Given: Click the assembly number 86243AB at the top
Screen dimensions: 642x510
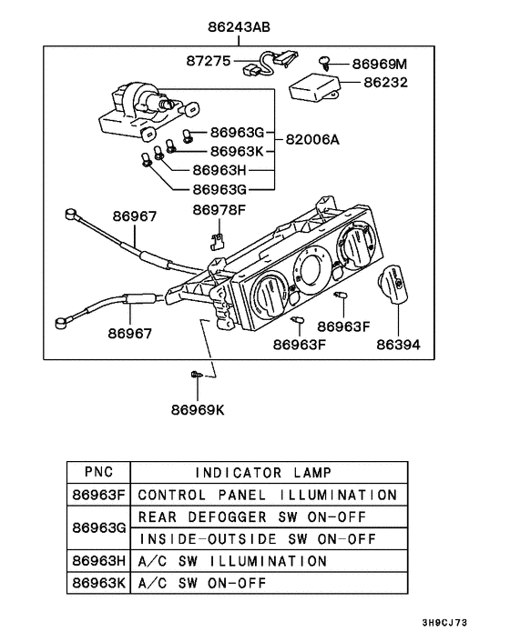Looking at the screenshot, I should click(x=239, y=28).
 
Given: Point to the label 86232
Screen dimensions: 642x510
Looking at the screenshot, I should click(x=386, y=83).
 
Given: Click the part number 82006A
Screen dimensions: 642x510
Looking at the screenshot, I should click(x=312, y=140).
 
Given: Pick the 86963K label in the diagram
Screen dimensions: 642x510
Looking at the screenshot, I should click(x=237, y=151).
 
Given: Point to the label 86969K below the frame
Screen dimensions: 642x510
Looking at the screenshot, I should click(x=197, y=409).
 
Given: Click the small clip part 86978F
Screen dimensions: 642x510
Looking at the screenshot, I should click(x=217, y=240).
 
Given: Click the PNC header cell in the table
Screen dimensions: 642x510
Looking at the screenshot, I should click(x=98, y=472).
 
